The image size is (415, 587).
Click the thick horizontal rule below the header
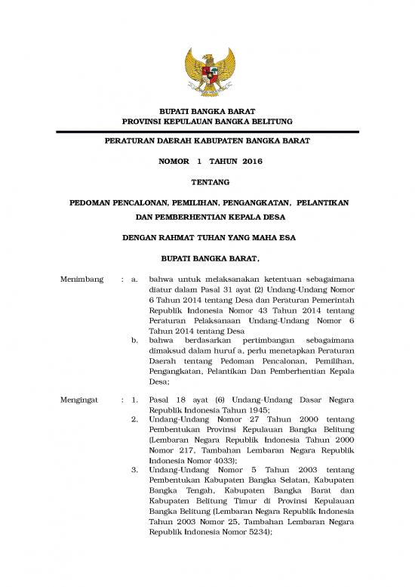tap(207, 131)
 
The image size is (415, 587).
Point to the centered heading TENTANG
tap(207, 183)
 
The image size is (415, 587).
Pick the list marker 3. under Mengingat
tap(134, 470)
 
